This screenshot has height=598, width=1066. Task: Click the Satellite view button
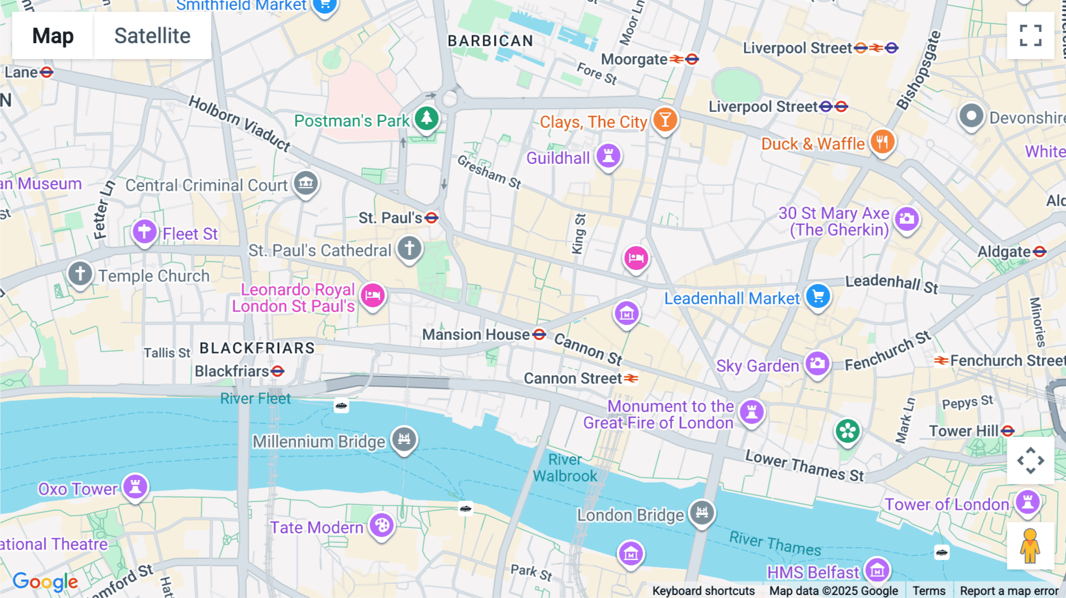pyautogui.click(x=152, y=36)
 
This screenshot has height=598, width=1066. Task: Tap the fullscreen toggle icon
pyautogui.click(x=1030, y=36)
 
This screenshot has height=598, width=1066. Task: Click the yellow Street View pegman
pyautogui.click(x=1030, y=546)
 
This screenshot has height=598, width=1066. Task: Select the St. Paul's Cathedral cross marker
pyautogui.click(x=409, y=248)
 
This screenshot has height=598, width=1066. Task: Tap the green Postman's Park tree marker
pyautogui.click(x=426, y=118)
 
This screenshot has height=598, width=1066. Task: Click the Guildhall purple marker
pyautogui.click(x=608, y=156)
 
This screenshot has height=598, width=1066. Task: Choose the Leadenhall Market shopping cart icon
pyautogui.click(x=818, y=296)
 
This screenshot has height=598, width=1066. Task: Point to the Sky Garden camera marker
pyautogui.click(x=817, y=364)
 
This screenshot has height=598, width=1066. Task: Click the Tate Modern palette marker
pyautogui.click(x=382, y=525)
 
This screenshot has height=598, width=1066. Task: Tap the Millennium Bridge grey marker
pyautogui.click(x=404, y=439)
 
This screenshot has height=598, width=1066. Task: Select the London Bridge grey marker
pyautogui.click(x=702, y=513)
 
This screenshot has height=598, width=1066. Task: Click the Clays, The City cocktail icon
pyautogui.click(x=665, y=120)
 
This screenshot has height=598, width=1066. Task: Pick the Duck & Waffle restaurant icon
pyautogui.click(x=882, y=142)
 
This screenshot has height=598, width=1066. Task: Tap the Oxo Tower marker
pyautogui.click(x=136, y=487)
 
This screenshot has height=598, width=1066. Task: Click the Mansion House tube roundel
pyautogui.click(x=539, y=335)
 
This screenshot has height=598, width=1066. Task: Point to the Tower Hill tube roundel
pyautogui.click(x=1008, y=431)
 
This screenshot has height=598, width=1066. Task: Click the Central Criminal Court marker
pyautogui.click(x=306, y=183)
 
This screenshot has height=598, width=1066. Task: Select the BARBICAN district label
pyautogui.click(x=490, y=41)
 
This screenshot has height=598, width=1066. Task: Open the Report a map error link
pyautogui.click(x=1009, y=591)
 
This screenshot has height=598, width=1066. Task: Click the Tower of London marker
pyautogui.click(x=1028, y=503)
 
